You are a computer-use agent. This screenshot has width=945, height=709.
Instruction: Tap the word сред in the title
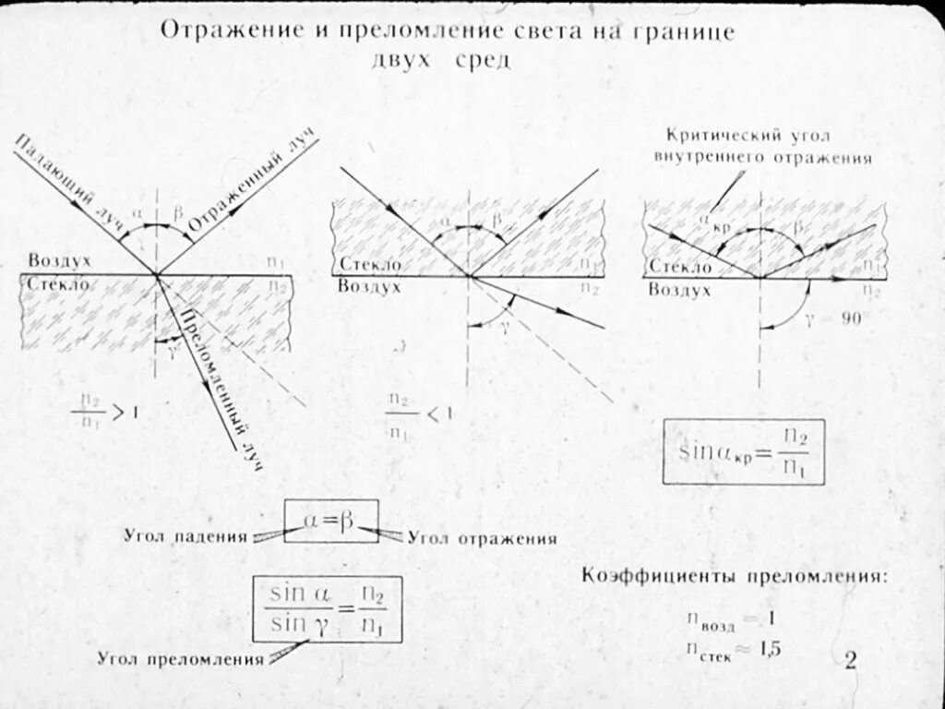point(480,59)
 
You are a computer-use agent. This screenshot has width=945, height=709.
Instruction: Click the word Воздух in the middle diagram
point(368,287)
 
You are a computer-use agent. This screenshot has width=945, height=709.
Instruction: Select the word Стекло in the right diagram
point(680,267)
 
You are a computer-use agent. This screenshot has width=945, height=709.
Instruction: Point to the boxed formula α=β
point(330,522)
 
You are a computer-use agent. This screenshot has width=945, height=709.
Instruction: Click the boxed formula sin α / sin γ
point(328,609)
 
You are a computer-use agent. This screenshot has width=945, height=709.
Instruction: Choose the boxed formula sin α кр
point(743,452)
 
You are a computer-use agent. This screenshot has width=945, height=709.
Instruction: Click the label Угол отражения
point(482,537)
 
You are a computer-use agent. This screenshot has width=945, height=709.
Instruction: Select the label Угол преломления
point(181,659)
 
